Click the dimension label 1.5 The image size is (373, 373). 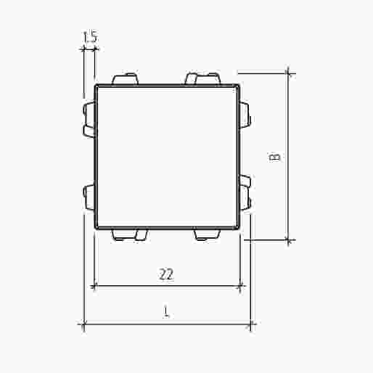coord(90,37)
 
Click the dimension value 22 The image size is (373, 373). coord(166,274)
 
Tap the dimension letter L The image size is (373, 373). coord(166,311)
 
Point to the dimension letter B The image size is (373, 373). coord(274,157)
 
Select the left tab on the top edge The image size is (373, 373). coord(125,79)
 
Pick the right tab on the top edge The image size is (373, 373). coord(203,78)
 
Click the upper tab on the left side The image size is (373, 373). coord(89,120)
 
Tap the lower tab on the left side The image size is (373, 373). coord(89,197)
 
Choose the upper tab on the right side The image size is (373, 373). coord(245,115)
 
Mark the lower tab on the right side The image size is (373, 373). coord(245,192)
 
